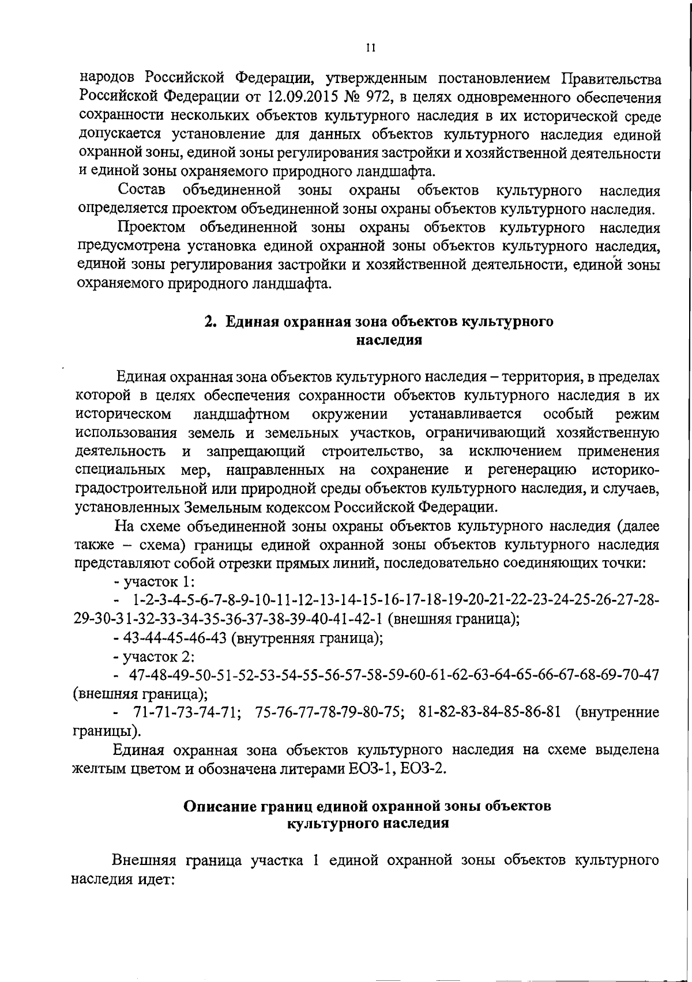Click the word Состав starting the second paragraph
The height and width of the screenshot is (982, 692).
click(141, 190)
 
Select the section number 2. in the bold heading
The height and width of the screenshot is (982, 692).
click(210, 322)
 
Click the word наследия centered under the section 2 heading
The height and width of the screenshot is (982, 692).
click(389, 340)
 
